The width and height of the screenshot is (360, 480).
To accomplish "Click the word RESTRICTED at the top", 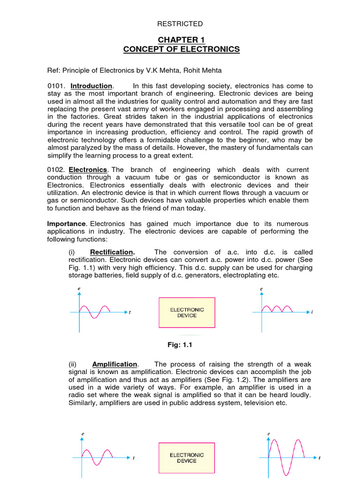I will pyautogui.click(x=180, y=24).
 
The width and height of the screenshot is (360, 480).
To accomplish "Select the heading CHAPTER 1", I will pyautogui.click(x=181, y=39).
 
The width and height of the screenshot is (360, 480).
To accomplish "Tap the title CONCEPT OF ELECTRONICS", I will pyautogui.click(x=181, y=49).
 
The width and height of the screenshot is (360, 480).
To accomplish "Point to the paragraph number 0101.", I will pyautogui.click(x=55, y=86).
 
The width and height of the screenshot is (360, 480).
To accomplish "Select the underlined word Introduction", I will pyautogui.click(x=91, y=86).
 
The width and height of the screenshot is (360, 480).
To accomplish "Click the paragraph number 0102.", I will pyautogui.click(x=55, y=169).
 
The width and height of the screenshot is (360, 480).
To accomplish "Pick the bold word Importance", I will pyautogui.click(x=67, y=224).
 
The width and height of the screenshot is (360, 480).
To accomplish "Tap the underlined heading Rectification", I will pyautogui.click(x=112, y=252).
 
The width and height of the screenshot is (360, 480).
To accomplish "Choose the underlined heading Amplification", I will pyautogui.click(x=115, y=364).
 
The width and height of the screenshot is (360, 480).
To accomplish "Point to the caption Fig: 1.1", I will pyautogui.click(x=180, y=345).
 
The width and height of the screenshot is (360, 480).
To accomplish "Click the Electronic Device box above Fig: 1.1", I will pyautogui.click(x=187, y=313).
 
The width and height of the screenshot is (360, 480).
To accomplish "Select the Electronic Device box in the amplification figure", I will pyautogui.click(x=187, y=458).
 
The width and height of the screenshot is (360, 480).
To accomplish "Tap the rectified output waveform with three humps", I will pyautogui.click(x=277, y=308).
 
